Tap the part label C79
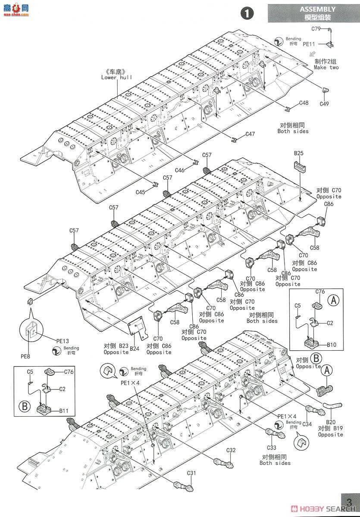coord(316,29)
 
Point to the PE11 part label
coord(309,44)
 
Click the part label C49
coord(324,104)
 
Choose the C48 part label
coord(304,103)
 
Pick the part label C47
coord(250,134)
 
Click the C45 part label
coord(141,192)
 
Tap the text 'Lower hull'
coord(116,78)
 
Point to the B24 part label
coord(135,349)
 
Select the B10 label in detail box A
coord(331,345)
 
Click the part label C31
coord(191,473)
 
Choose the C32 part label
coord(231,450)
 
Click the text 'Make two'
coord(326,67)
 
